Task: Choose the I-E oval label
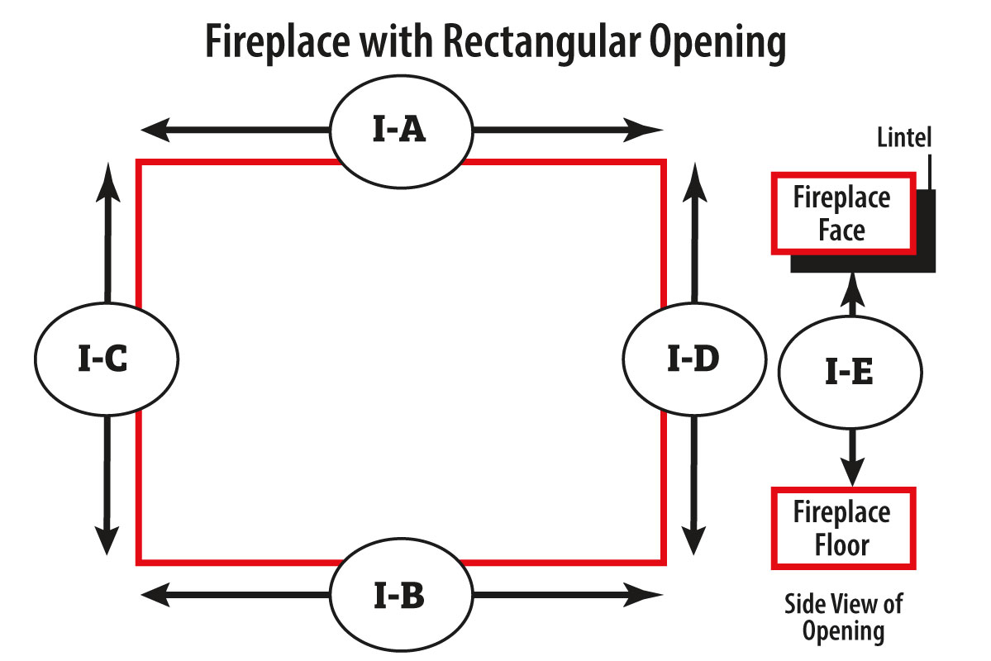tap(850, 373)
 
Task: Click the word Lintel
tap(904, 137)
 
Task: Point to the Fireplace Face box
tap(842, 213)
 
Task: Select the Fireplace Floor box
tap(842, 529)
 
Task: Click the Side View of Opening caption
tap(842, 617)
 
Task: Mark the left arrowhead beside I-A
tap(154, 131)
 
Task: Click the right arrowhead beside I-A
tap(648, 131)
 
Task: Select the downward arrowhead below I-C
tap(107, 540)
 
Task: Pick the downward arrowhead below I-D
tap(693, 540)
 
